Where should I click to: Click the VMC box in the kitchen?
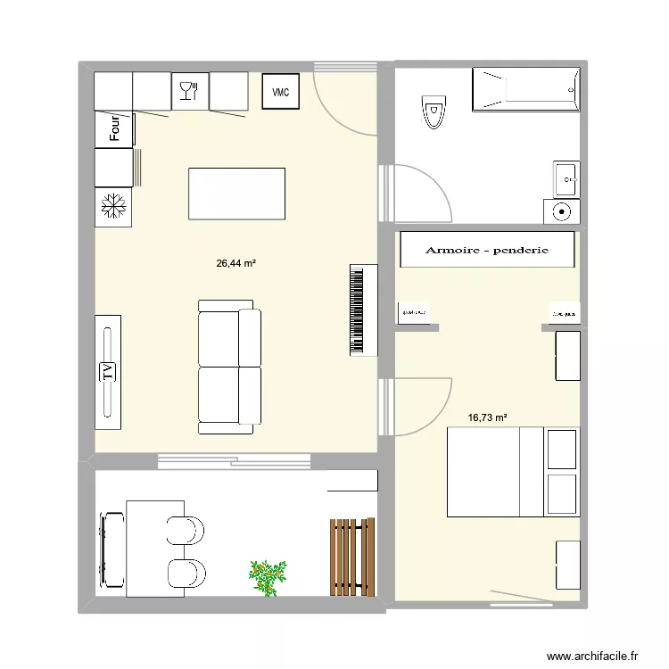pyautogui.click(x=280, y=92)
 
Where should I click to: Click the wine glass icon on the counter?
pyautogui.click(x=188, y=91)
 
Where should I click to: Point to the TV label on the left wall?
pyautogui.click(x=108, y=371)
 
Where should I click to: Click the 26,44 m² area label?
pyautogui.click(x=236, y=264)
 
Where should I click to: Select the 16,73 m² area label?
pyautogui.click(x=487, y=417)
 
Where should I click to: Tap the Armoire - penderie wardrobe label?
pyautogui.click(x=486, y=251)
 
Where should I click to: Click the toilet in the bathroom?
pyautogui.click(x=433, y=113)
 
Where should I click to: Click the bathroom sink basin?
pyautogui.click(x=566, y=179)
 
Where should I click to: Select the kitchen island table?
pyautogui.click(x=236, y=194)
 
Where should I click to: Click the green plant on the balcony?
pyautogui.click(x=268, y=576)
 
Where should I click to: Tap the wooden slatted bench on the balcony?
pyautogui.click(x=351, y=556)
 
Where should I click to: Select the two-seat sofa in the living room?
pyautogui.click(x=229, y=367)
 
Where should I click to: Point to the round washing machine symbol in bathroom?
pyautogui.click(x=562, y=211)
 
